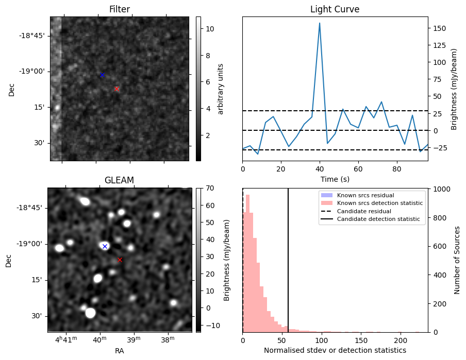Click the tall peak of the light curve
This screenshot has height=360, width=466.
pos(320,23)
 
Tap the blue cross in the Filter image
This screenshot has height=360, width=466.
pos(102,75)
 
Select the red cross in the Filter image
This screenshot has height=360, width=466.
pos(116,89)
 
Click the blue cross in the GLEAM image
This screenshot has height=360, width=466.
pos(105,246)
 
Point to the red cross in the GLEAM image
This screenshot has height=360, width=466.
pos(120,260)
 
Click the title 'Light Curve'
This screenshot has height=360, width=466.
pos(335,9)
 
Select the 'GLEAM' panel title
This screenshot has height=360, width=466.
pos(119,180)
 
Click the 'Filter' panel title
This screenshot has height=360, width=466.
pos(119,9)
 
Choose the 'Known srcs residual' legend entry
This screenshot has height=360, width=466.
pos(365,195)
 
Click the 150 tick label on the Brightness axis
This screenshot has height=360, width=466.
pos(439,28)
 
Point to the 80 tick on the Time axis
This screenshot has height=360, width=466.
pos(396,168)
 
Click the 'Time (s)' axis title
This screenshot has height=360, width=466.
pos(335,178)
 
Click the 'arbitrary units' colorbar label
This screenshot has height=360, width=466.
pos(221,89)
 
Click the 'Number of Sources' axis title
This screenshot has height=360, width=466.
pos(457,260)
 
